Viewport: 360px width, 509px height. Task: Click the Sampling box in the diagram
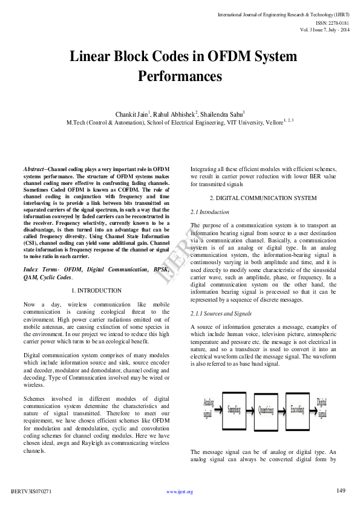click(234, 409)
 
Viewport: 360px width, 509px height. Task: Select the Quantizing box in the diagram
click(266, 409)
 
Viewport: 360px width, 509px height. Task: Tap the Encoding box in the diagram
click(296, 409)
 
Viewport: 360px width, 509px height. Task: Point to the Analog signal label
click(208, 409)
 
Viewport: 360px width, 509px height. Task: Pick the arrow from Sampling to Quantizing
click(250, 409)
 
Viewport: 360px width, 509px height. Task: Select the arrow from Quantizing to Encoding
click(283, 409)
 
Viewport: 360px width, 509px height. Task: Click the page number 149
click(341, 490)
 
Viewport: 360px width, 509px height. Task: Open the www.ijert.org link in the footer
click(180, 491)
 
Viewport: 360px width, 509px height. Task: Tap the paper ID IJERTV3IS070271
click(30, 491)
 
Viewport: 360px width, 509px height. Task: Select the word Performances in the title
click(180, 76)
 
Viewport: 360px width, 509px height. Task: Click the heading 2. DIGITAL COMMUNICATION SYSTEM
click(263, 198)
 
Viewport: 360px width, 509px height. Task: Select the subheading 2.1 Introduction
click(210, 212)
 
